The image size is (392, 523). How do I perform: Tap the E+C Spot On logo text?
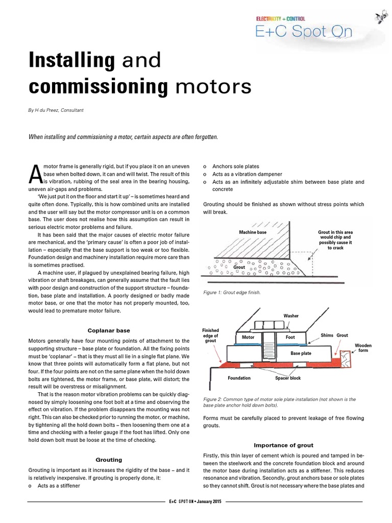[x=304, y=32]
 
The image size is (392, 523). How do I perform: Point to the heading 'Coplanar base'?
[x=109, y=330]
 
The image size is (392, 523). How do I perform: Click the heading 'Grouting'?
[x=109, y=460]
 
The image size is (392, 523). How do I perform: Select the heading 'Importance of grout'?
[x=283, y=445]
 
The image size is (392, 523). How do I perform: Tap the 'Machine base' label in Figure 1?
[x=253, y=232]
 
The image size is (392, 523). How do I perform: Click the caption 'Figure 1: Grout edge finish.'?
[x=232, y=293]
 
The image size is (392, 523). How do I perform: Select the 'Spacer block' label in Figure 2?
[x=288, y=378]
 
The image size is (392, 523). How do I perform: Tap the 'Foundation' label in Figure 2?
[x=239, y=378]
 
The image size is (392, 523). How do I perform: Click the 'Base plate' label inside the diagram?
[x=302, y=353]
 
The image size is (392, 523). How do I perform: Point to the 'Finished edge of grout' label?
[x=210, y=336]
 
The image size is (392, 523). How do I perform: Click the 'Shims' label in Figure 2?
[x=327, y=335]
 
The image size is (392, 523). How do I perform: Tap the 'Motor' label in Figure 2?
[x=248, y=337]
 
